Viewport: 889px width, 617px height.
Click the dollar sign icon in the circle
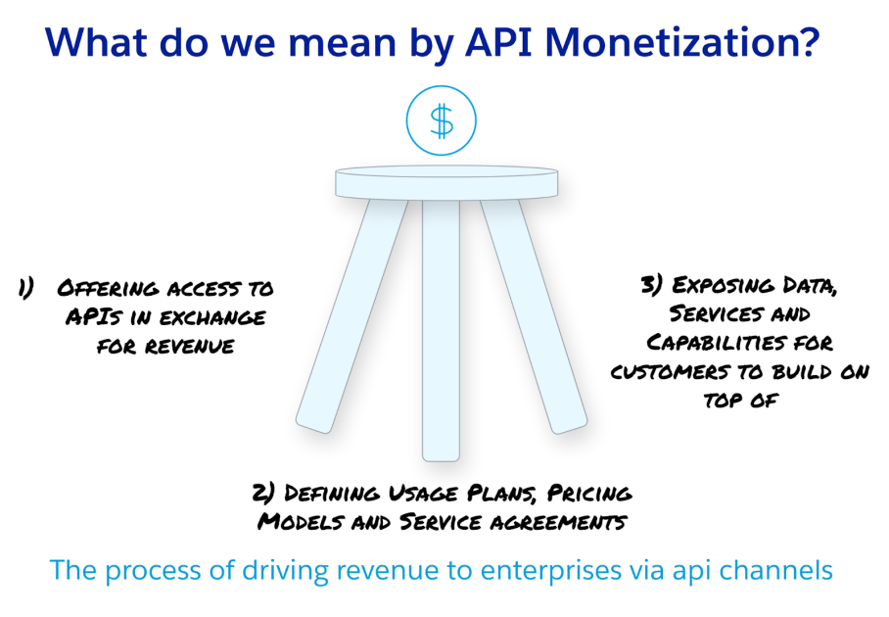(x=442, y=121)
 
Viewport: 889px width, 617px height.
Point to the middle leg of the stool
(x=441, y=333)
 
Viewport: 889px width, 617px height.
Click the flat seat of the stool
(x=446, y=182)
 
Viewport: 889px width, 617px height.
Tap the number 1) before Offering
(x=26, y=288)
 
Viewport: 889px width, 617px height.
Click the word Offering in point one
(x=106, y=288)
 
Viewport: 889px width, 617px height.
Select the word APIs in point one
(x=92, y=317)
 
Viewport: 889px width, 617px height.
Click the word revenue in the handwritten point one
(x=194, y=346)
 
